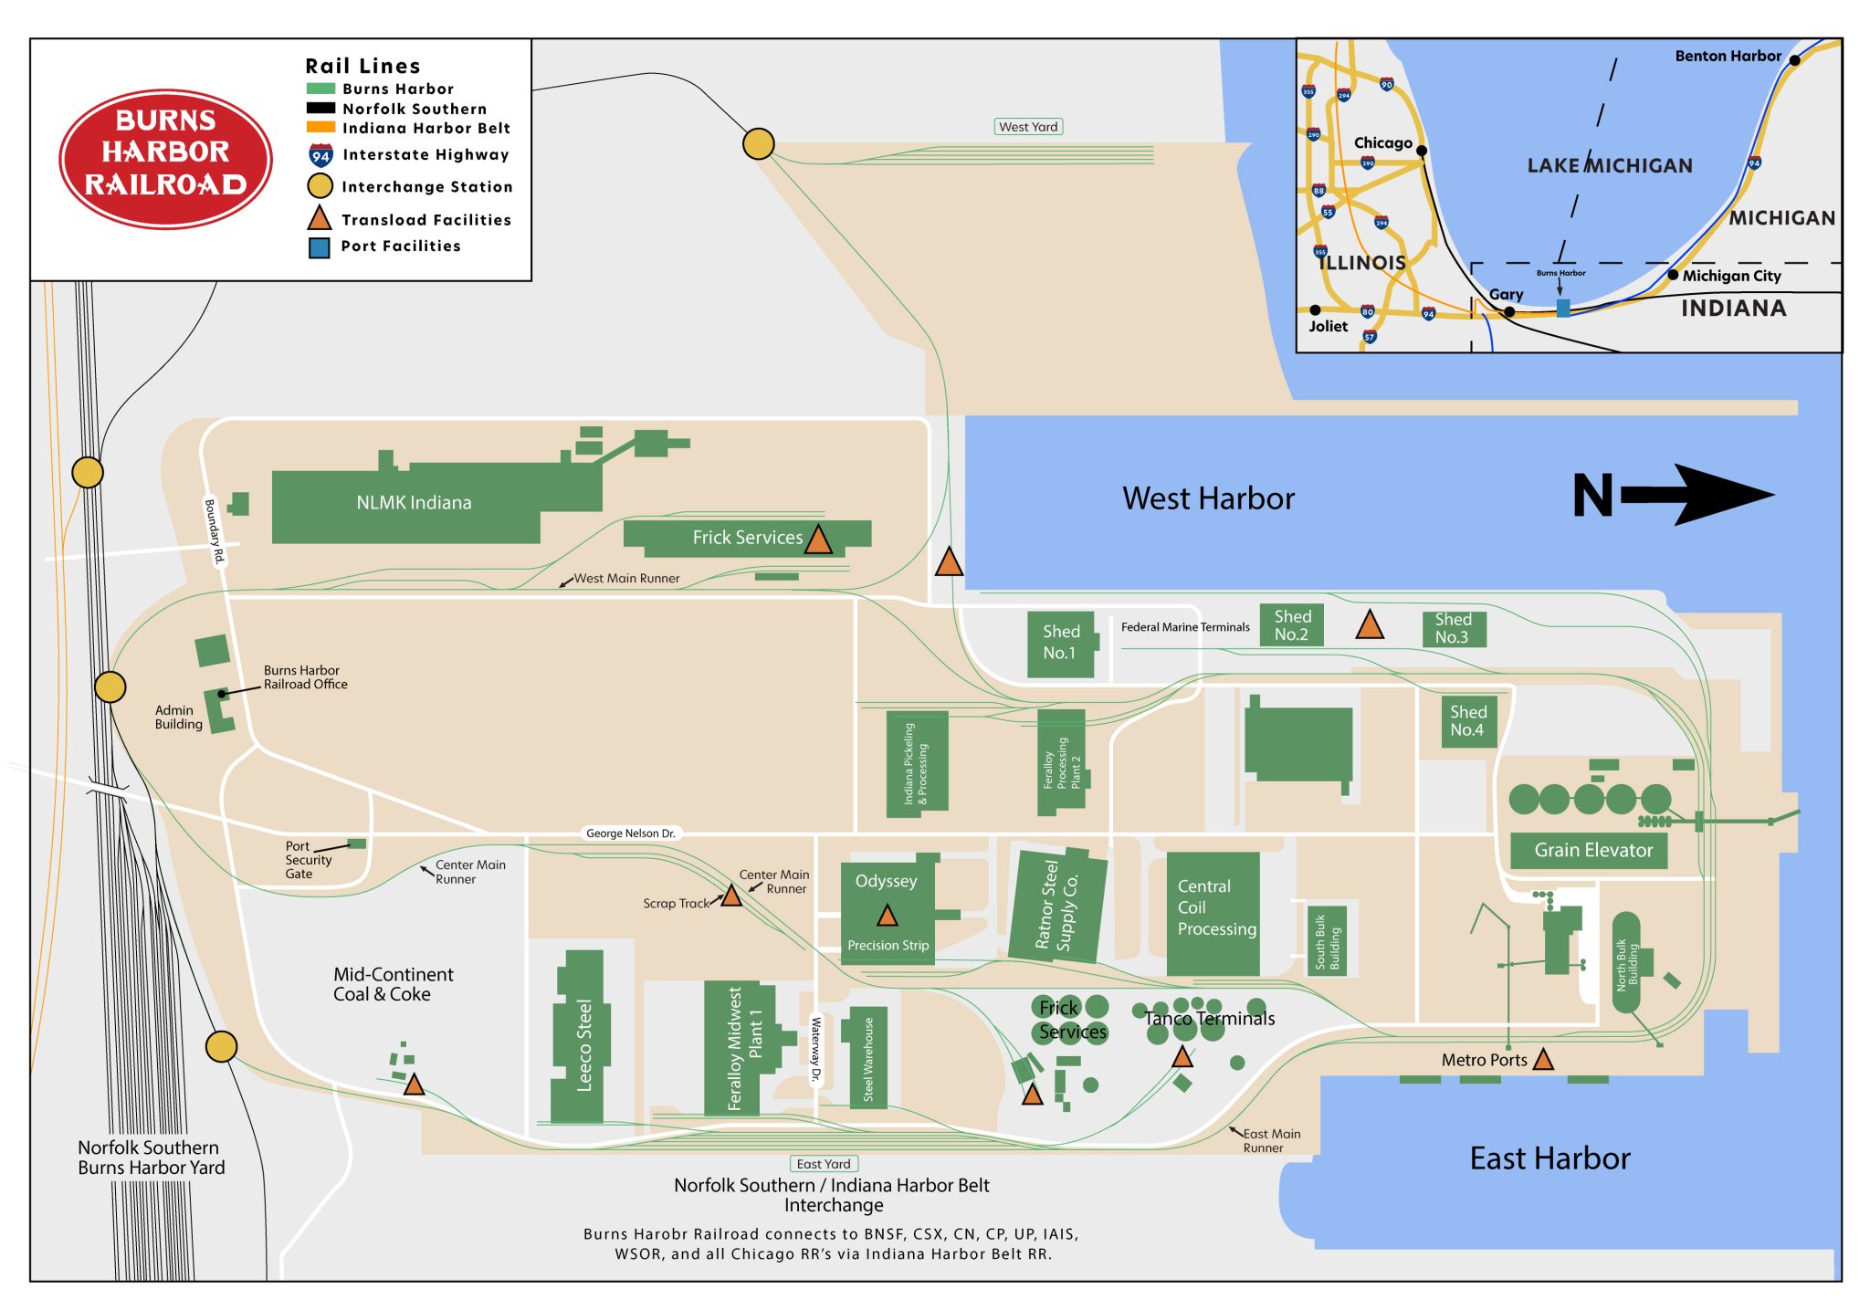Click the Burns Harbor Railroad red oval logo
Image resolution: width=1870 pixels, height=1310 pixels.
(165, 158)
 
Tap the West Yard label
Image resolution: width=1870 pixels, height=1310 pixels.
(1028, 127)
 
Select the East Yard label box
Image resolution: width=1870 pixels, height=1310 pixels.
(823, 1164)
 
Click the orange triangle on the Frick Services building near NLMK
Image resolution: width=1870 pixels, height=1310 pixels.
(818, 541)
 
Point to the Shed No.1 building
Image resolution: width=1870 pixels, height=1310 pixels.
(1060, 644)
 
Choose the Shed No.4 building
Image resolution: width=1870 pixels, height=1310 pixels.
(1467, 721)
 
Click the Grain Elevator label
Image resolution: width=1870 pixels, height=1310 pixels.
(1592, 850)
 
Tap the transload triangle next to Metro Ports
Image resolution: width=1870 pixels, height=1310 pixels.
(1543, 1060)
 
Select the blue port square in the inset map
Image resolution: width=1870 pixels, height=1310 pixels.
(1563, 309)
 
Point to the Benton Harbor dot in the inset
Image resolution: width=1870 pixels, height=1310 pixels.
(1794, 60)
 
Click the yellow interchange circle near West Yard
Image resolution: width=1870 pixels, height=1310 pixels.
(758, 143)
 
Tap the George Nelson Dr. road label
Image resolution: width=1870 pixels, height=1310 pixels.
(630, 833)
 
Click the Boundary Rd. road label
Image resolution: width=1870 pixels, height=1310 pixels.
(213, 531)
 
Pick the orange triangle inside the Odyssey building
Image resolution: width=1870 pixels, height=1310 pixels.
(887, 916)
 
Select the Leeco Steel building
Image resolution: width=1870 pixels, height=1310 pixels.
(581, 1041)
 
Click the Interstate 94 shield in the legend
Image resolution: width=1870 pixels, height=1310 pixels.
(320, 155)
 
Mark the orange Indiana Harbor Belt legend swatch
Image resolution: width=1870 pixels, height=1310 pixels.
(320, 128)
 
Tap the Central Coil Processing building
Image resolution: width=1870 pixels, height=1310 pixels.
(1213, 913)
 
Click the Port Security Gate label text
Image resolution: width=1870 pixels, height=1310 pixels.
(308, 860)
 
